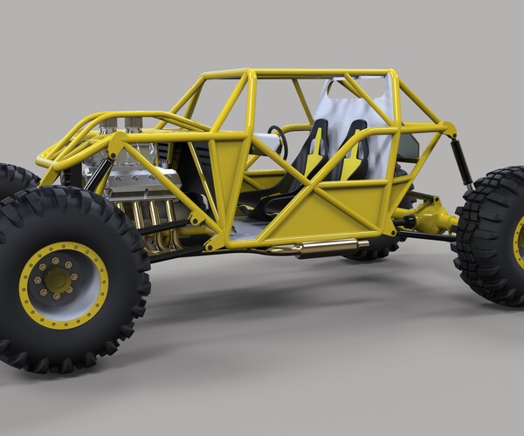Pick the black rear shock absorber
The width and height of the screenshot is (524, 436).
[456, 165]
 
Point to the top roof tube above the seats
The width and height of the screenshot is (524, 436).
[314, 73]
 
